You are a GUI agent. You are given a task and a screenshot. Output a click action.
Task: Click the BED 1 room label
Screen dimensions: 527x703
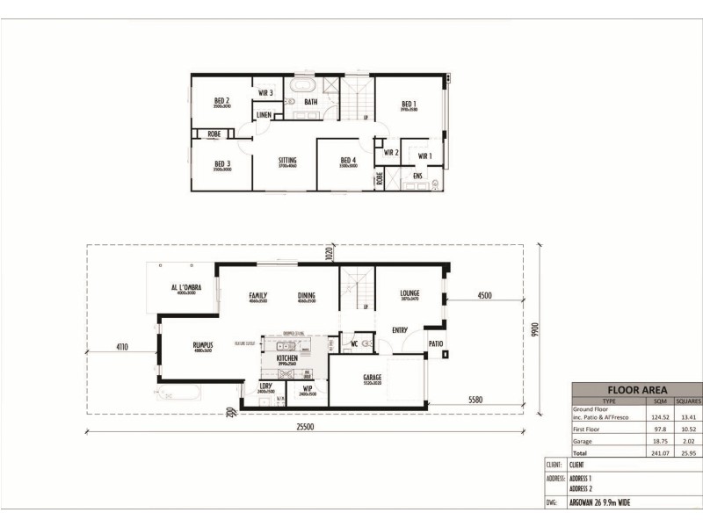[409, 103]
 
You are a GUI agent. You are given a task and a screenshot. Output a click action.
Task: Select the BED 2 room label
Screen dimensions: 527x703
[221, 101]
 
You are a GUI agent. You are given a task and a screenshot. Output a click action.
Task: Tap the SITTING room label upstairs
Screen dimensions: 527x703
[287, 160]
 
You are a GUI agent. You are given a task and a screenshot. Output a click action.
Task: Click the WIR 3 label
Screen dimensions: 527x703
[265, 92]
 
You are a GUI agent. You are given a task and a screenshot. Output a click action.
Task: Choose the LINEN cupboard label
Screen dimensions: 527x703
[264, 115]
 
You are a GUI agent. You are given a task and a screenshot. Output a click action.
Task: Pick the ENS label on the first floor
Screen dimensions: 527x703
[417, 177]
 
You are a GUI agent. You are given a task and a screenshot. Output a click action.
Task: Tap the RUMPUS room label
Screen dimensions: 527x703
[203, 346]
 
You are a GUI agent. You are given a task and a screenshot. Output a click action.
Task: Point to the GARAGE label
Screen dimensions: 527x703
[373, 378]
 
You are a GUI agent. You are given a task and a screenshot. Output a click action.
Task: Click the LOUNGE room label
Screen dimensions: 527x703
[409, 293]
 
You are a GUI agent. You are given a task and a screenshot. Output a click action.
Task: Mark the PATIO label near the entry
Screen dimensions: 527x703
[435, 343]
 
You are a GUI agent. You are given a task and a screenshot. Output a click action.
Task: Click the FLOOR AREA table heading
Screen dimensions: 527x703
[637, 390]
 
